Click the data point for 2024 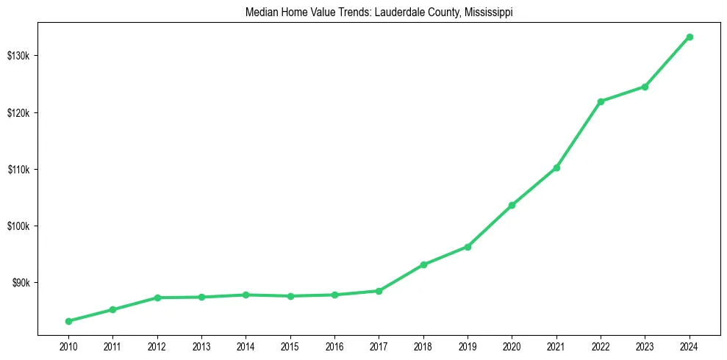point(690,37)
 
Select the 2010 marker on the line point(68,321)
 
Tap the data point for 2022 point(601,101)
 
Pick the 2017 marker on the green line point(379,291)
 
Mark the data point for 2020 point(512,205)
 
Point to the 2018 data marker point(423,264)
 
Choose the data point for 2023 point(645,87)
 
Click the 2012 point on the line point(157,298)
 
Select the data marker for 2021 point(556,168)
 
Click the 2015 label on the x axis point(290,345)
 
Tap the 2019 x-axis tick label point(468,345)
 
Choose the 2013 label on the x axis point(201,345)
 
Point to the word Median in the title point(260,12)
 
